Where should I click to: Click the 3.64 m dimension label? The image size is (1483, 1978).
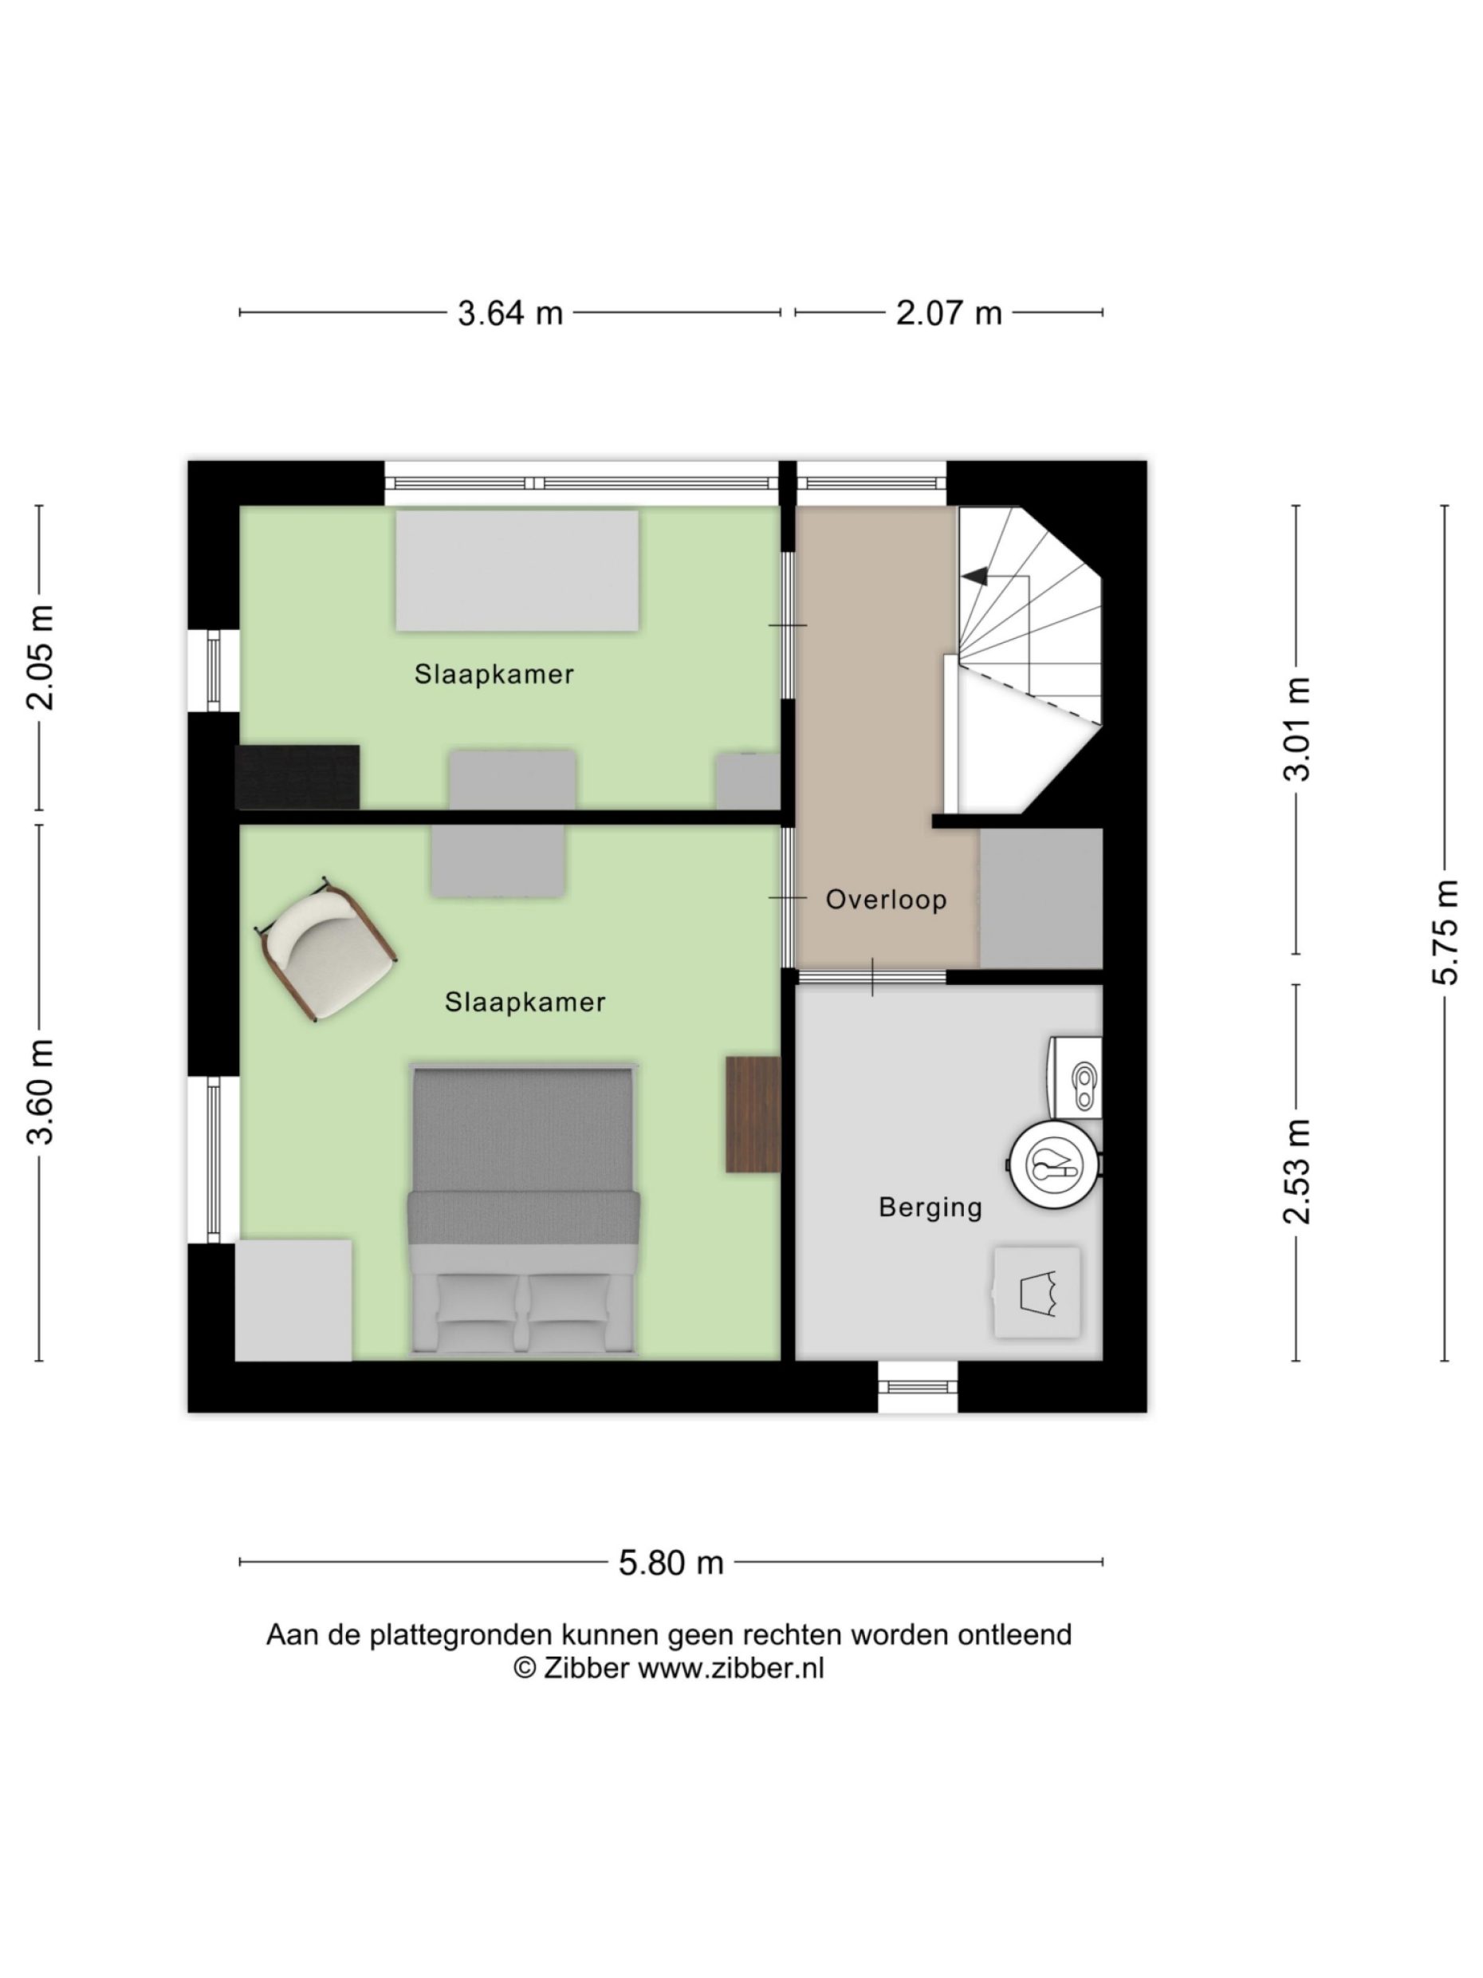click(509, 313)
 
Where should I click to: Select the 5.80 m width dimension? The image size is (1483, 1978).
click(671, 1562)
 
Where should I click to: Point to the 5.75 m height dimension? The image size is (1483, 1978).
click(1446, 932)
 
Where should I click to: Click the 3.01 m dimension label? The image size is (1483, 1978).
click(1296, 729)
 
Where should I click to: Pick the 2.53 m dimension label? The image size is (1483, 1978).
click(1296, 1171)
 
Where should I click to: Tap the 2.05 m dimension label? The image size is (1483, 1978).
click(40, 657)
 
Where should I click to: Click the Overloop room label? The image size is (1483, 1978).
click(885, 900)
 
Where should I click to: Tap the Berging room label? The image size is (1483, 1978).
click(930, 1208)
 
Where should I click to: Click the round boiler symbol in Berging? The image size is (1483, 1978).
click(1054, 1164)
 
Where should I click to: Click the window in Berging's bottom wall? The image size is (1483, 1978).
click(917, 1387)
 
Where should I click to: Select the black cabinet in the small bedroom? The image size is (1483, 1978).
click(297, 776)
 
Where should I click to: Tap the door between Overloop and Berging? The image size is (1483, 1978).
click(871, 976)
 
